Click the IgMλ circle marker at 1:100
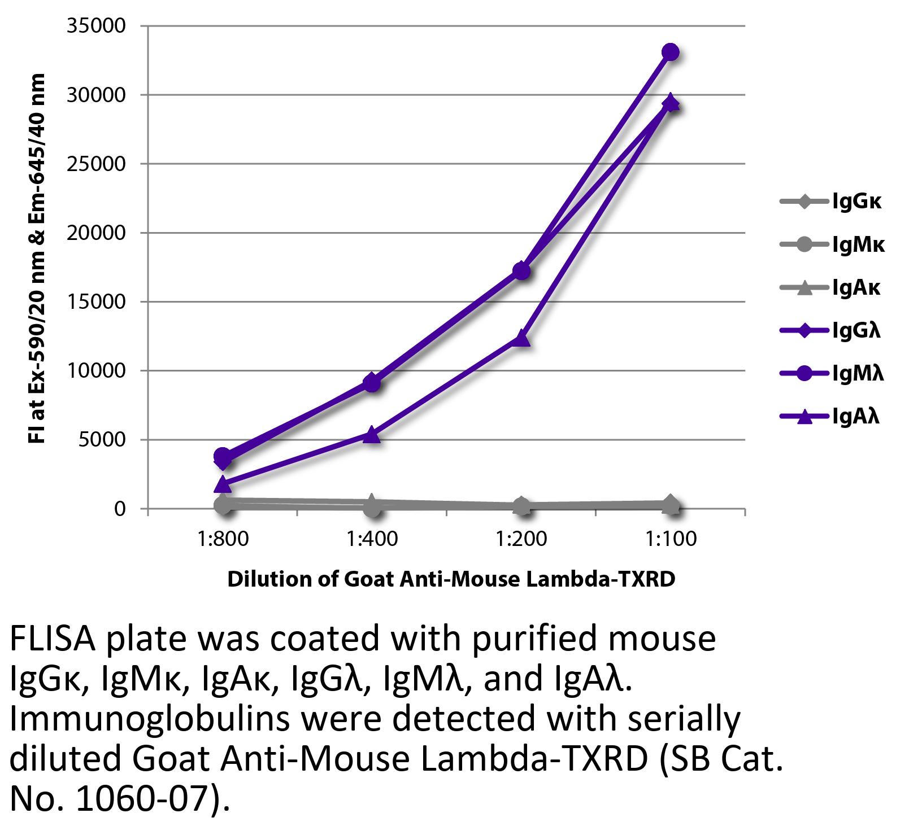coord(670,53)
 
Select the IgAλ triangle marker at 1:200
coord(521,338)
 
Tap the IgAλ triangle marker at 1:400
coord(372,434)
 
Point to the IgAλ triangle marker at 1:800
coord(223,484)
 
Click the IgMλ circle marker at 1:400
coord(372,383)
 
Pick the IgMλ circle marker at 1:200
coord(521,271)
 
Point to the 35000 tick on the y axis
coord(96,26)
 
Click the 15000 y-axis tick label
coord(96,302)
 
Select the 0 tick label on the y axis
coord(119,509)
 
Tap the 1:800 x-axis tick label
coord(223,539)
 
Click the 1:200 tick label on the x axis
coord(521,539)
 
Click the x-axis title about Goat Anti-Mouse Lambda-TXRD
coord(451,579)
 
